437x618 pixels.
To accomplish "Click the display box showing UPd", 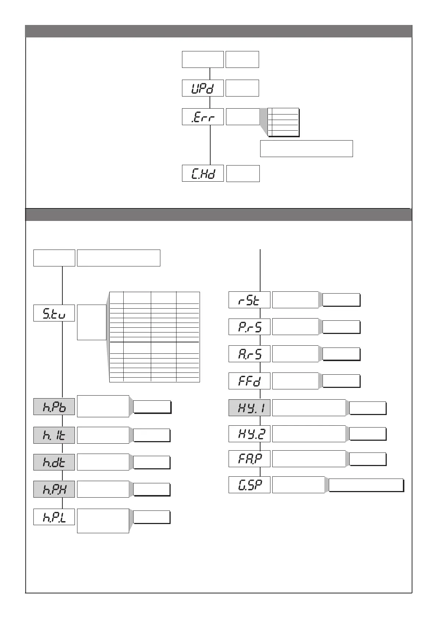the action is coord(203,88).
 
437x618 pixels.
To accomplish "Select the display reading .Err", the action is coord(203,117).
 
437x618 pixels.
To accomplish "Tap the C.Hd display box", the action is coord(203,173).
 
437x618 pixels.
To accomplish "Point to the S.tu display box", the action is coord(54,313).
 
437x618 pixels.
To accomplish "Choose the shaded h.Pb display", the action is coord(54,407).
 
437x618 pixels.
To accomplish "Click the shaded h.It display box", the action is coord(54,435).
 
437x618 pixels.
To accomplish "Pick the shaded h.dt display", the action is coord(54,462).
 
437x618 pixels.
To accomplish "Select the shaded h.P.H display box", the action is coord(54,489).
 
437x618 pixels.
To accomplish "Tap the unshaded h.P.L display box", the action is coord(54,517).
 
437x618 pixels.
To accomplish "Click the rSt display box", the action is coord(249,300).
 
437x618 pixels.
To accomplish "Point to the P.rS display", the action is coord(249,327).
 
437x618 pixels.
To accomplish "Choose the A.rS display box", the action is coord(249,354).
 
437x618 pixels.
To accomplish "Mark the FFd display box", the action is coord(249,381).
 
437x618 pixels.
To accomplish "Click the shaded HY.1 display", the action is coord(249,408).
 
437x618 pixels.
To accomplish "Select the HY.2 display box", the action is coord(249,434).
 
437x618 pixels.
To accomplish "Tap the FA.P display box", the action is coord(249,459).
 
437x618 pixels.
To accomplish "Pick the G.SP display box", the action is coord(249,485).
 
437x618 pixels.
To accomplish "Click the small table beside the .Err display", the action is coord(283,122).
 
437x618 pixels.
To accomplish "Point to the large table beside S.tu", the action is coord(154,337).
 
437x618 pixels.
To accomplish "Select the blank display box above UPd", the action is coord(203,59).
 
